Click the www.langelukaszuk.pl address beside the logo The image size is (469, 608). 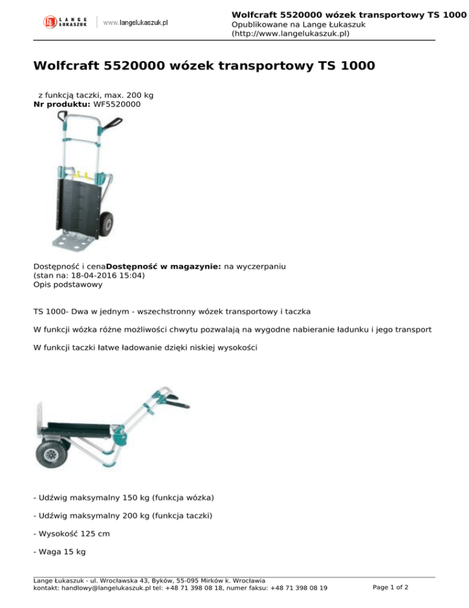click(x=136, y=22)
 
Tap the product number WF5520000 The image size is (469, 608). click(x=117, y=105)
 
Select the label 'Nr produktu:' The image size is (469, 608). click(x=62, y=105)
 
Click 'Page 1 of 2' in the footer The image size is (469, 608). click(x=390, y=587)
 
